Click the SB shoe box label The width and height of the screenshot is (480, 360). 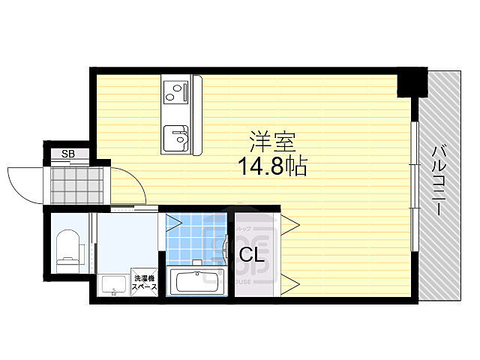(68, 154)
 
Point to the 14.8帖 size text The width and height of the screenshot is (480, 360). (273, 166)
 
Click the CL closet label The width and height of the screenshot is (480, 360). (251, 255)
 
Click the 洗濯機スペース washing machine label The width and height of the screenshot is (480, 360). (145, 281)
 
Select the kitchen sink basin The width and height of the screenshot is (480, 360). (178, 136)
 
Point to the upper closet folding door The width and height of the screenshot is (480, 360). (292, 223)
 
